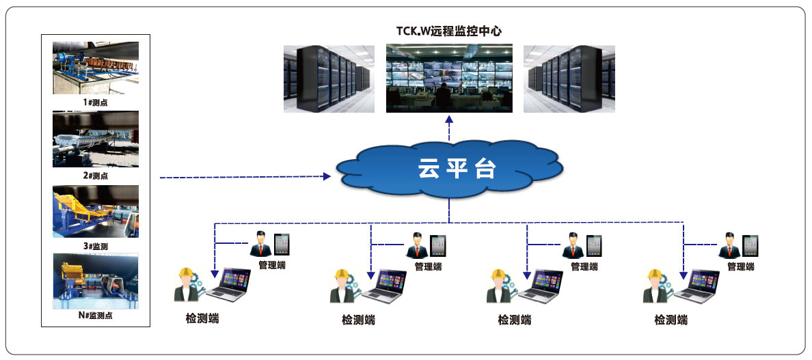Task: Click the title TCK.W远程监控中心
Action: [450, 31]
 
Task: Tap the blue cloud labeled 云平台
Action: [450, 170]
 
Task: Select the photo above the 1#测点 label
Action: [96, 68]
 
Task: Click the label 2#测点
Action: [96, 176]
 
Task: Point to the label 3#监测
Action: [96, 245]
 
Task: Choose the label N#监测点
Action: [96, 315]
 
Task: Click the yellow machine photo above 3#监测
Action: [96, 211]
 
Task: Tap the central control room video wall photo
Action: [449, 77]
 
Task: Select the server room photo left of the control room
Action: [329, 79]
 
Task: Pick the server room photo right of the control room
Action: [569, 79]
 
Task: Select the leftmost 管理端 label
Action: [271, 265]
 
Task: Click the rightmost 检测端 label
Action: [671, 320]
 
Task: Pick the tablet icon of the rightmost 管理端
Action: [750, 245]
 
